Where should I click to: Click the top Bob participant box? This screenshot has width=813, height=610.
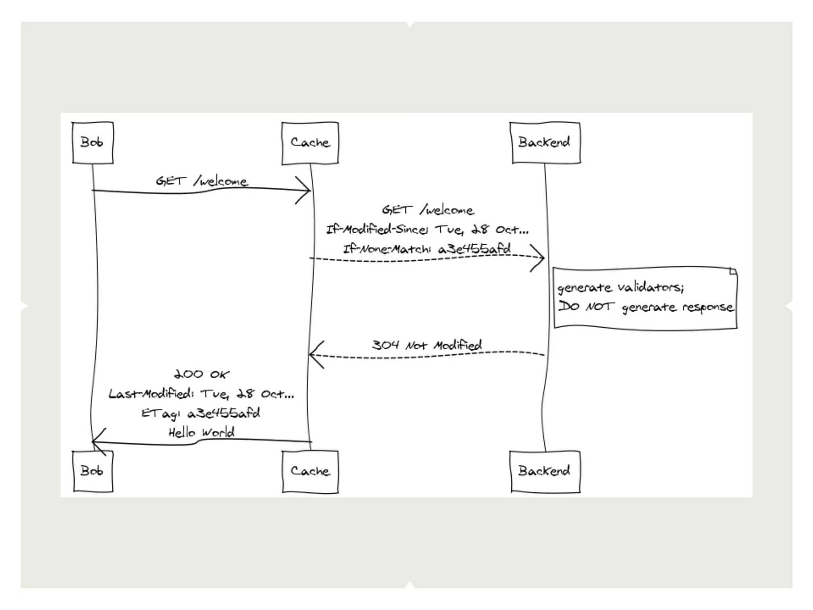(x=92, y=143)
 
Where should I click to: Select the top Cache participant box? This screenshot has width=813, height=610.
(x=310, y=143)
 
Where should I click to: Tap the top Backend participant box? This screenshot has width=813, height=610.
(x=545, y=143)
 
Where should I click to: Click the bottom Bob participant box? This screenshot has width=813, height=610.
(x=92, y=471)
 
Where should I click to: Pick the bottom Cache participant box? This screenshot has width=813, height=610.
(x=310, y=472)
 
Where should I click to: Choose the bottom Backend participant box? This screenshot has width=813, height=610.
(x=545, y=471)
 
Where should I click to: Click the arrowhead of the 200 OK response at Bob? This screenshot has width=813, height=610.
(x=96, y=441)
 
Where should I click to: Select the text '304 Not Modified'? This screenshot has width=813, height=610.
(x=427, y=345)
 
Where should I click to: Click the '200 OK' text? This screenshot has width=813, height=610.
(x=201, y=374)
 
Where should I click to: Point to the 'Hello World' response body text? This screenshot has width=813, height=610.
(x=201, y=432)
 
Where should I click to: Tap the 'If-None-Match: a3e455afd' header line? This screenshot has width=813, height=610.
(x=427, y=249)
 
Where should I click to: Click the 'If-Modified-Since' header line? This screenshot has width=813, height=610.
(x=427, y=230)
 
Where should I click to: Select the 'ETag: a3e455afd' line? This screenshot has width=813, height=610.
(x=201, y=413)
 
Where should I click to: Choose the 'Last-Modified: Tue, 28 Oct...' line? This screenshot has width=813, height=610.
(x=201, y=394)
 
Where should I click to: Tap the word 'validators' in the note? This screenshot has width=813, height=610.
(x=651, y=288)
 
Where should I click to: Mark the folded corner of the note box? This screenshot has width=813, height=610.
(x=733, y=272)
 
